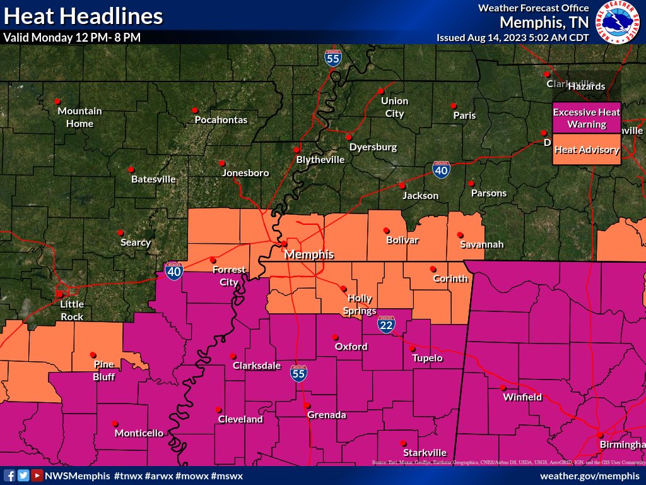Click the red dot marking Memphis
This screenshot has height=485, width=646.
pos(284,243)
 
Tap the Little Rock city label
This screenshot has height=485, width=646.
pos(72,310)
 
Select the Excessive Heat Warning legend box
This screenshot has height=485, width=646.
pos(587,117)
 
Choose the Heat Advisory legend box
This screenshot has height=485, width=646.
pos(587,150)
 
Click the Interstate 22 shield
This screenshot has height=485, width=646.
pos(387,324)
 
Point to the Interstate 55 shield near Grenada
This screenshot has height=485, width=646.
pos(300,372)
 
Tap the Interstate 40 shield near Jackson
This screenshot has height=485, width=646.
pos(442,170)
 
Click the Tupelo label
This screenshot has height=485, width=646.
pos(427,358)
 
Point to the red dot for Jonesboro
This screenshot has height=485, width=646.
pos(221,162)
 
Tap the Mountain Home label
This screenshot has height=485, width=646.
pos(79,117)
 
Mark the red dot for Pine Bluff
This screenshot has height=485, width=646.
pos(93,354)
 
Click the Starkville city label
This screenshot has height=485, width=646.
pos(425,452)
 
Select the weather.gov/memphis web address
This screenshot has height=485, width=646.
pos(590,475)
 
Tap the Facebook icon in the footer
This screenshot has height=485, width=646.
pos(9,475)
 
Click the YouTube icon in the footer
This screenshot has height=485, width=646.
pos(37,475)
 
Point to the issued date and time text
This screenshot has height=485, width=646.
pos(513,38)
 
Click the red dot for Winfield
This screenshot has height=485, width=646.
pos(503,388)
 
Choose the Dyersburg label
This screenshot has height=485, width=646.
pos(373,147)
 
